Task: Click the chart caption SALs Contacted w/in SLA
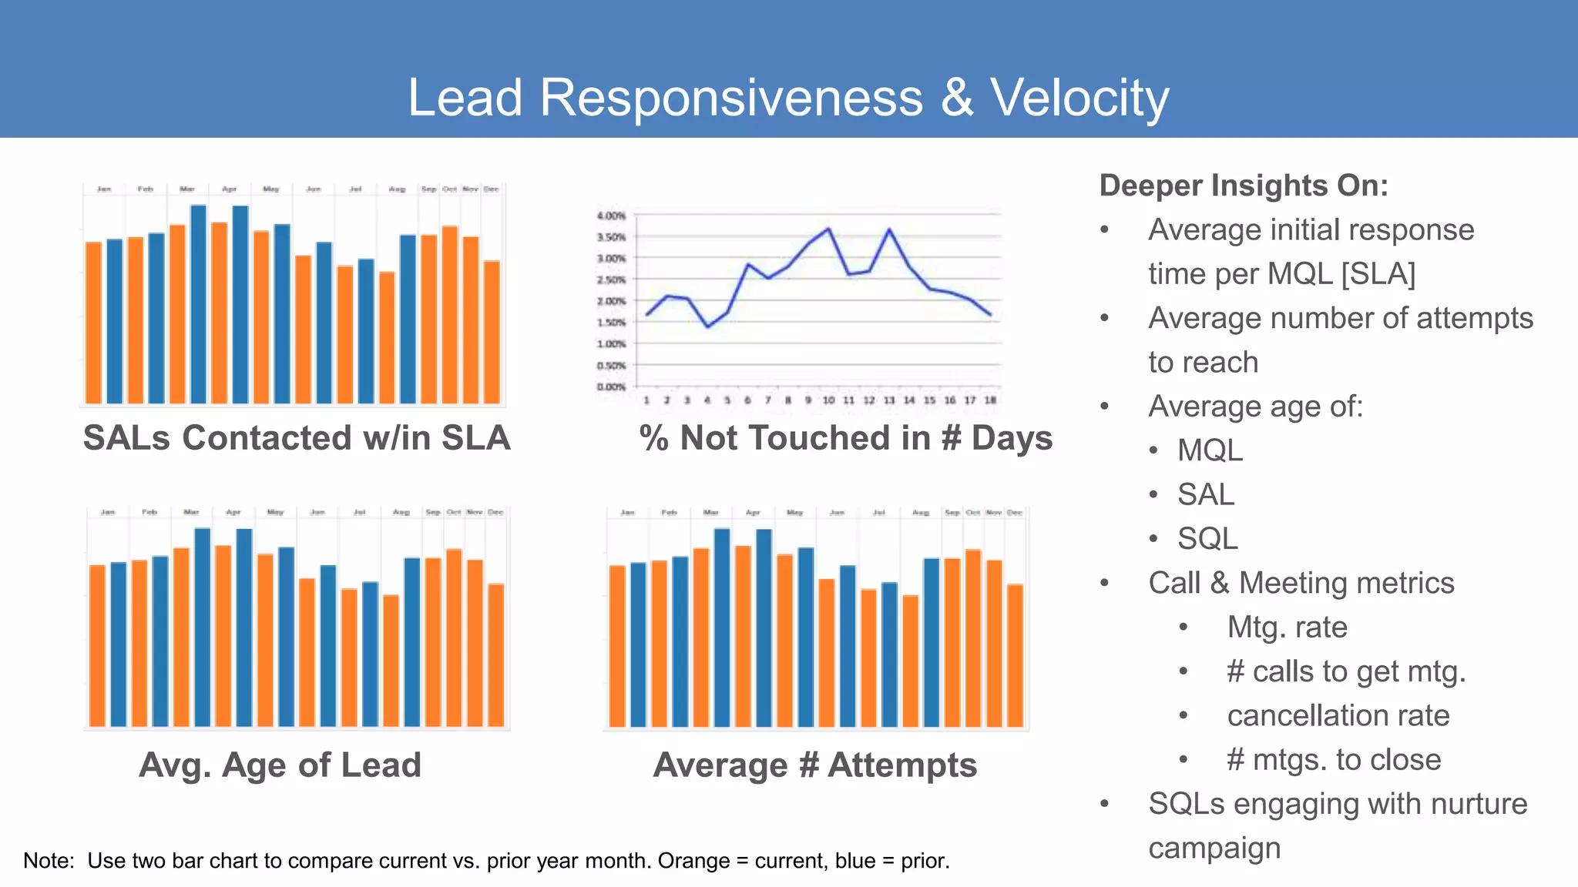tap(297, 438)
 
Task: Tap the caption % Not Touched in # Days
tap(845, 438)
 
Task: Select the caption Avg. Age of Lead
tap(280, 765)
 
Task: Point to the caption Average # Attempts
tap(814, 765)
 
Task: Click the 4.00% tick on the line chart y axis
tap(611, 216)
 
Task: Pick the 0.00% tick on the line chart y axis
tap(611, 387)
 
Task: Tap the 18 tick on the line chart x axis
tap(990, 400)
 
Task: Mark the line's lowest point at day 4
tap(707, 327)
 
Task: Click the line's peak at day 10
tap(829, 229)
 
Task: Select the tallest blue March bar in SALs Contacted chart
tap(198, 304)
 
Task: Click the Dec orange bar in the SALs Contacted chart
tap(492, 331)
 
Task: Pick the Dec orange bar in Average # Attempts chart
tap(1015, 654)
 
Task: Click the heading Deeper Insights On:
tap(1243, 186)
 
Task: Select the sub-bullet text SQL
tap(1207, 538)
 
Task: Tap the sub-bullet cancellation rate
tap(1338, 715)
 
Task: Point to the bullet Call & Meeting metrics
tap(1301, 583)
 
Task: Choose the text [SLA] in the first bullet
tap(1378, 274)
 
